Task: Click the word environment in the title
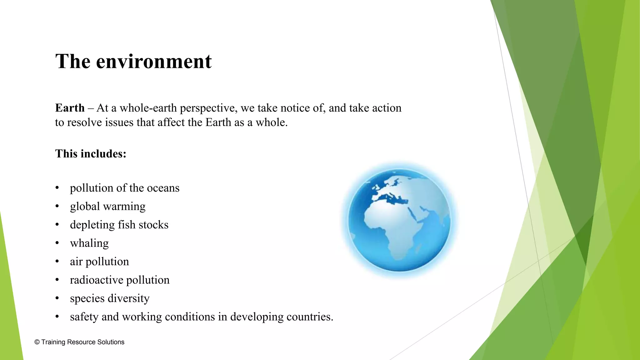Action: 154,61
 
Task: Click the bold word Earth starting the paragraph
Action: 70,108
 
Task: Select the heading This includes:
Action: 91,154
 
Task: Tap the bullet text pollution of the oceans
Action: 124,188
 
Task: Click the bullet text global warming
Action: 107,207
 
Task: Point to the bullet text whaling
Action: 89,243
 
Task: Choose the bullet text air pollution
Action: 99,262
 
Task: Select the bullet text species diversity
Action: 110,298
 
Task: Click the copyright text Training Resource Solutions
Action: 82,342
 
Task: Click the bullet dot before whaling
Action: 57,243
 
